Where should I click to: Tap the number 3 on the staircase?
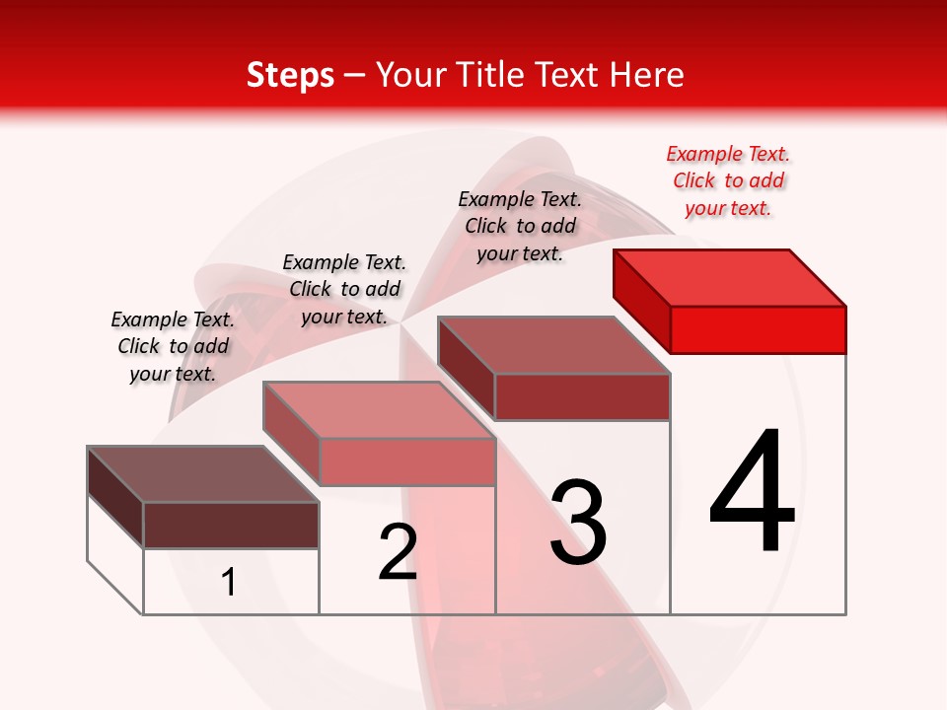[x=578, y=523]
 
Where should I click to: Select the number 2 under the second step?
[x=398, y=551]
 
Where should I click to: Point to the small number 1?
[x=229, y=583]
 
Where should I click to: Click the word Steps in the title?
[x=290, y=75]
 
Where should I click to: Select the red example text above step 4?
[x=728, y=181]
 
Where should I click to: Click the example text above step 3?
[x=520, y=226]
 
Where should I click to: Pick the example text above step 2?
[x=344, y=289]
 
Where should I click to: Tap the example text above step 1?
[x=173, y=346]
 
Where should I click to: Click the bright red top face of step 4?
[x=730, y=277]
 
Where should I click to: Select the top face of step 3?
[x=553, y=345]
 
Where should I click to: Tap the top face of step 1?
[x=202, y=474]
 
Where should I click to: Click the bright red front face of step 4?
[x=758, y=329]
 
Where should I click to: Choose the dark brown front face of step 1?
[x=231, y=525]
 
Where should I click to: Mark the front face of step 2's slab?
[x=406, y=461]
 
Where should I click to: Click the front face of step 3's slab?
[x=582, y=396]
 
